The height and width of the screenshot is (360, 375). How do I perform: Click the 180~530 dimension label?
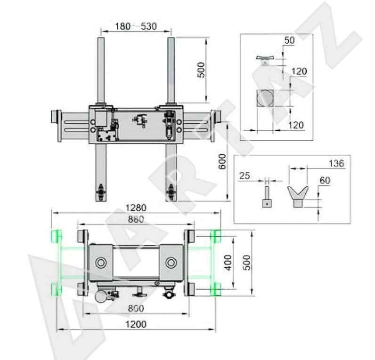click(136, 26)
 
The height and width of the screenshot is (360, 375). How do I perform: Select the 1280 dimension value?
click(136, 208)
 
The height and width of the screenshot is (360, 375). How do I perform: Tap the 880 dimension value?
click(136, 219)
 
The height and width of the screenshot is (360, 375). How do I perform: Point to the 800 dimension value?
click(136, 308)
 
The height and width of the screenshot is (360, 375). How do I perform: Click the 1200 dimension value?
click(136, 324)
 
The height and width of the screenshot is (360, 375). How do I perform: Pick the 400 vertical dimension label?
click(228, 263)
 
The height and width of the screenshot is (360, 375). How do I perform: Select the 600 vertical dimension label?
click(222, 161)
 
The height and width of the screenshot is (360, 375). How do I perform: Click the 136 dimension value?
click(336, 163)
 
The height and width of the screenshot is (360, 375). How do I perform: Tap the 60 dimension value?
click(325, 180)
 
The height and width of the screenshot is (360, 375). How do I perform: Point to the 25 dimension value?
click(245, 176)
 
